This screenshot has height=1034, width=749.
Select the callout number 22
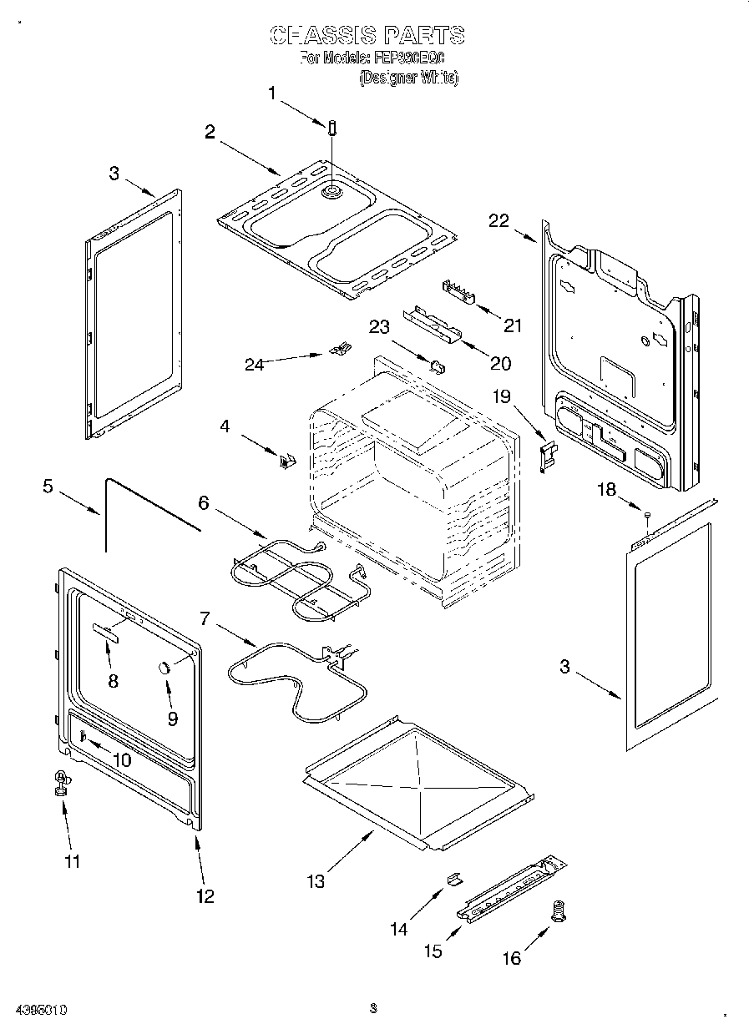(498, 220)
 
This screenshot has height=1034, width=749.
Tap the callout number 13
(316, 880)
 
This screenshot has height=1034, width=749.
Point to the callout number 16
(511, 957)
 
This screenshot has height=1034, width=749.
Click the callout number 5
(48, 486)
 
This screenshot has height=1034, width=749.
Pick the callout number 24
(255, 364)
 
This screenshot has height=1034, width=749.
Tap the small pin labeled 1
(333, 129)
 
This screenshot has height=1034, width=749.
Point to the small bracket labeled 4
(287, 458)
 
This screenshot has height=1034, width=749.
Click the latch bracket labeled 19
(548, 455)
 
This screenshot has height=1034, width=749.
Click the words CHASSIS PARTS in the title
(367, 35)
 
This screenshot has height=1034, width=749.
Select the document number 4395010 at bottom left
(41, 1009)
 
